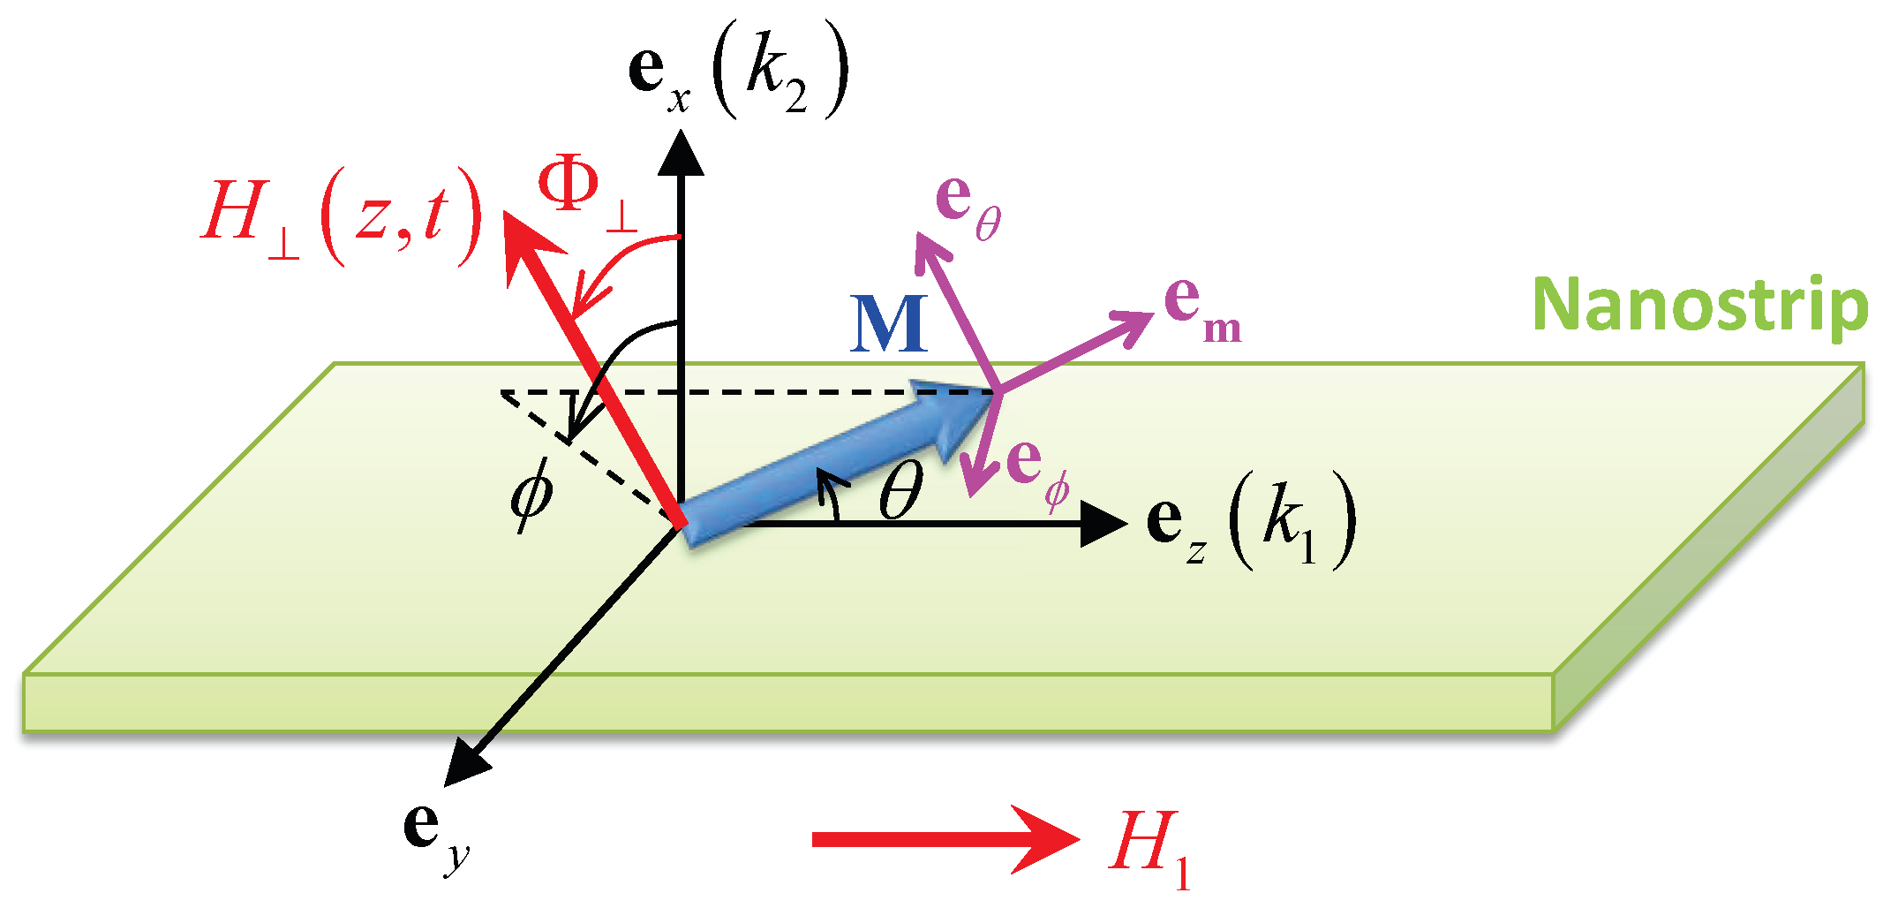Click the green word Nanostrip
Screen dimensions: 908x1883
1699,306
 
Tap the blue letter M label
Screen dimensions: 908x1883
889,324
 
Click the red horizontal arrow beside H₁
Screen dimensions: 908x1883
945,839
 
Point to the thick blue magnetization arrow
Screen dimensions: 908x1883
839,459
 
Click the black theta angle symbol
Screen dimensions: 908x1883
901,491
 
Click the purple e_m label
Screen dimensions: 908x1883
1201,309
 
